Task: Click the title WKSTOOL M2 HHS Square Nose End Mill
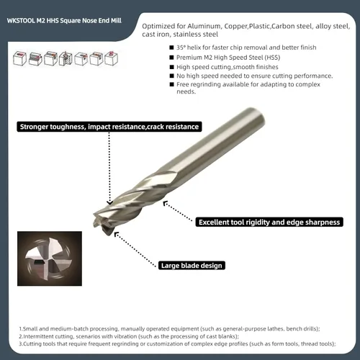click(64, 21)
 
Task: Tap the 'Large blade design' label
click(192, 266)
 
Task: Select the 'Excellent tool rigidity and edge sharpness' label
click(269, 222)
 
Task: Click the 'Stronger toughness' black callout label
click(109, 127)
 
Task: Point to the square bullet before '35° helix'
click(171, 48)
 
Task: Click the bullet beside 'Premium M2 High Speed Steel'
click(171, 58)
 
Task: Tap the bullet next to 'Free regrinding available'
click(171, 84)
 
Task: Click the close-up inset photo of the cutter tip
click(50, 258)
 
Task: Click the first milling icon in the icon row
click(19, 58)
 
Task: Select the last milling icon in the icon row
click(111, 58)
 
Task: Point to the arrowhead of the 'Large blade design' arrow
click(116, 234)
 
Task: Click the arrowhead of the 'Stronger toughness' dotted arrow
click(109, 202)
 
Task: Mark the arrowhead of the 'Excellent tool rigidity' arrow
click(165, 204)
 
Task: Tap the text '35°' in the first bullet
click(181, 48)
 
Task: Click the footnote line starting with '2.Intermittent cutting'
click(129, 336)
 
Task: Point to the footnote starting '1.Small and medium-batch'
click(169, 329)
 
